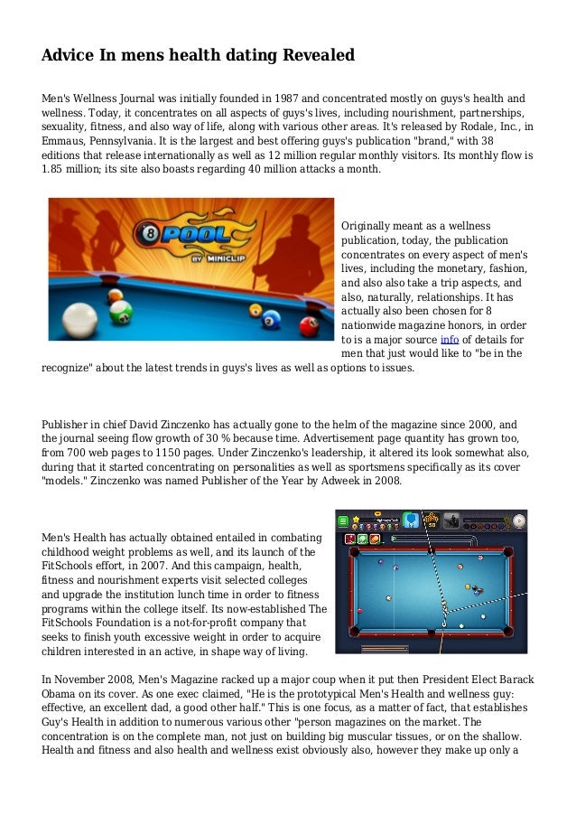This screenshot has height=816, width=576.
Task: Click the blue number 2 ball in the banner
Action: tap(270, 317)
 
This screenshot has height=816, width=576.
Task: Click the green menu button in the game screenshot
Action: tap(344, 521)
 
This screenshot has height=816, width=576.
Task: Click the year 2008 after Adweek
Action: tap(386, 481)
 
